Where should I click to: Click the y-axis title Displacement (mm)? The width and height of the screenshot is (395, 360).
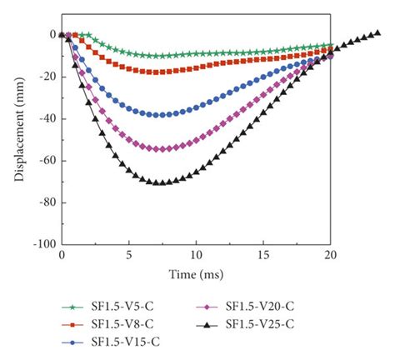tap(16, 137)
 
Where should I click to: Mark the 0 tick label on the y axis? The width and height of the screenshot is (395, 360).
tap(50, 35)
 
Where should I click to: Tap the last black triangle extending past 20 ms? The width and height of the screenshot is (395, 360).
tap(377, 33)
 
